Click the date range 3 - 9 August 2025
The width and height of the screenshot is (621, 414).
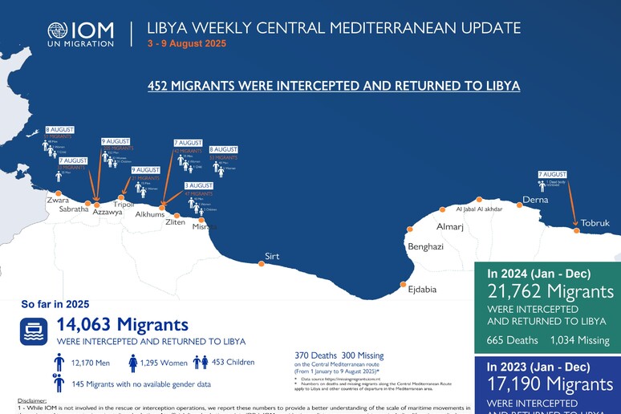(x=186, y=43)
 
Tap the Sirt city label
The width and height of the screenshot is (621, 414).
(x=272, y=257)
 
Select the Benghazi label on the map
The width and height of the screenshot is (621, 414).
(x=425, y=246)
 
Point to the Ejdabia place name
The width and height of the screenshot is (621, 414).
(x=422, y=289)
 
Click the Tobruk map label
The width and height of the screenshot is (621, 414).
(x=595, y=222)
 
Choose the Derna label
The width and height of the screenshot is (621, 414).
(x=535, y=199)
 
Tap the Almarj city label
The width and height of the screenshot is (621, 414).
(x=450, y=227)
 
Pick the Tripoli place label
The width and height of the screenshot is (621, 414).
(x=124, y=205)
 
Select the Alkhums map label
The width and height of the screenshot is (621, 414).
(x=150, y=214)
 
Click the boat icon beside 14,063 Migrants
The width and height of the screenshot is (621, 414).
(x=34, y=330)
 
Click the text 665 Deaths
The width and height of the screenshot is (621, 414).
(x=512, y=340)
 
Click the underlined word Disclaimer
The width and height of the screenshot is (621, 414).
(x=32, y=400)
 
